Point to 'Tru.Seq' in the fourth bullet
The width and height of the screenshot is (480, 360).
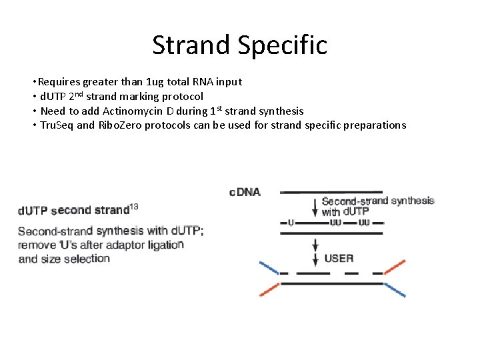pos(57,125)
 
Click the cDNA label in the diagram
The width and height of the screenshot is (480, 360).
pos(245,193)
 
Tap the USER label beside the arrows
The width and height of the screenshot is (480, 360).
pos(339,257)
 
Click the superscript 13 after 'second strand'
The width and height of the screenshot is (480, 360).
pos(134,207)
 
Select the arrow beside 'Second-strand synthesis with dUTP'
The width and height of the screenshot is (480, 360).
pos(315,206)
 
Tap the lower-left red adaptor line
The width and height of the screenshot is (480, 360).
pos(269,290)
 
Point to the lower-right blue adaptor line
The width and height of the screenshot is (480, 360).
pos(394,290)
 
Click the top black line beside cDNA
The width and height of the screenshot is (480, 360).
pos(331,193)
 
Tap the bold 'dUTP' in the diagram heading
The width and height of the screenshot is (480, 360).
pos(32,211)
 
